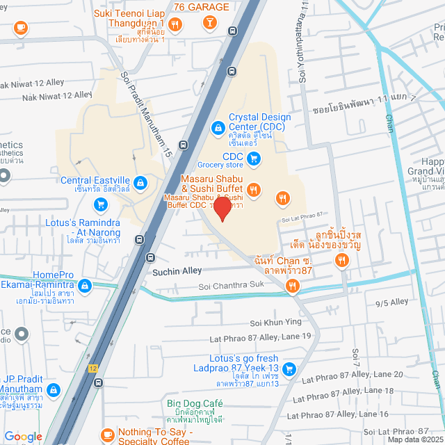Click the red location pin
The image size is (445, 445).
[x=222, y=208]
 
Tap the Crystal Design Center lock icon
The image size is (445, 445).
[x=218, y=127]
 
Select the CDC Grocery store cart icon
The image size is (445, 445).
[x=254, y=159]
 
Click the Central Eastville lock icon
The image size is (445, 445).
[x=140, y=182]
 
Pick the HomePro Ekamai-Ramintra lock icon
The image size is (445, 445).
[x=84, y=286]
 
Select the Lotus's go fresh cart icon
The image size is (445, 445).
[x=289, y=369]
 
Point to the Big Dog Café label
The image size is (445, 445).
[x=194, y=404]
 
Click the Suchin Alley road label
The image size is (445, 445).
[x=177, y=270]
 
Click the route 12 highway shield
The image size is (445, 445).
[x=92, y=366]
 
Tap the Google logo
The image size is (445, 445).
[x=23, y=436]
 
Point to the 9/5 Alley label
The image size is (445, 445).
[x=391, y=302]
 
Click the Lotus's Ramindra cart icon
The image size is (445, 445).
[x=102, y=205]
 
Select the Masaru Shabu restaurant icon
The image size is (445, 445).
[x=254, y=188]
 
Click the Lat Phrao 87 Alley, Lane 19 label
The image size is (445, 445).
[x=260, y=338]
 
